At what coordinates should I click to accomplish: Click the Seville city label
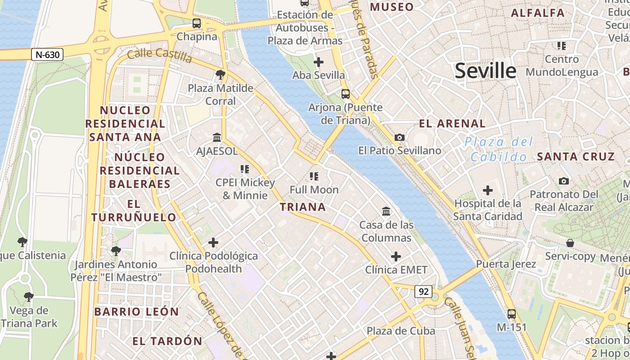pyautogui.click(x=486, y=71)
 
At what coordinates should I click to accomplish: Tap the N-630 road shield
pyautogui.click(x=47, y=55)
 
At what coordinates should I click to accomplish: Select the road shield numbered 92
pyautogui.click(x=423, y=292)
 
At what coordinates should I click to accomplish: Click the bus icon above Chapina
pyautogui.click(x=197, y=23)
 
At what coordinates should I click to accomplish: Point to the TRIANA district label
pyautogui.click(x=302, y=207)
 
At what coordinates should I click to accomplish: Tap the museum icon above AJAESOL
pyautogui.click(x=217, y=137)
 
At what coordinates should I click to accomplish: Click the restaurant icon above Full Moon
pyautogui.click(x=314, y=176)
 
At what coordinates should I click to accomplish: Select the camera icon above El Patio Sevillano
pyautogui.click(x=399, y=137)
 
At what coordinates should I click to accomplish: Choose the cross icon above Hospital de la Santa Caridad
pyautogui.click(x=487, y=190)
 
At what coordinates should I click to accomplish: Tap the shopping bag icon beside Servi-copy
pyautogui.click(x=570, y=243)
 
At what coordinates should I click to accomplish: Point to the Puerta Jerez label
pyautogui.click(x=506, y=264)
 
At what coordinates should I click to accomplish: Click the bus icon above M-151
pyautogui.click(x=512, y=314)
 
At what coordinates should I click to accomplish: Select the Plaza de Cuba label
pyautogui.click(x=400, y=331)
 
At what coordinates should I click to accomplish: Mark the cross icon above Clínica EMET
pyautogui.click(x=396, y=256)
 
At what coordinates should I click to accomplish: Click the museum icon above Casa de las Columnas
pyautogui.click(x=386, y=211)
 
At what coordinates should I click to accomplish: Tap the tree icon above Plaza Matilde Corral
pyautogui.click(x=220, y=74)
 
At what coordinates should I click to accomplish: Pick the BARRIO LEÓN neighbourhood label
pyautogui.click(x=136, y=311)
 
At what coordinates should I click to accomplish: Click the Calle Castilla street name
pyautogui.click(x=159, y=56)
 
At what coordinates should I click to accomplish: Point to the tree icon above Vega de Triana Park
pyautogui.click(x=29, y=297)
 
